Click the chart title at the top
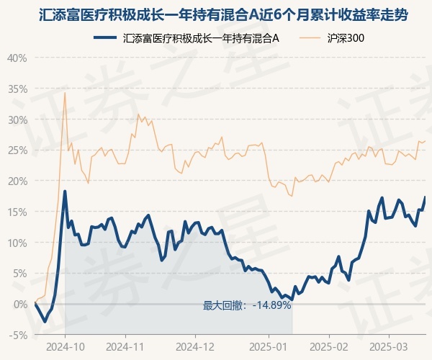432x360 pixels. [223, 15]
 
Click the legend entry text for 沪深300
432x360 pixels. [346, 38]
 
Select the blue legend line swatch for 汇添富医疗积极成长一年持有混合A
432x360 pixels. [105, 37]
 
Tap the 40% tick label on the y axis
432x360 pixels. [17, 58]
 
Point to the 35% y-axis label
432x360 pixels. [17, 89]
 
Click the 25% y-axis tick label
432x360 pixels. [17, 150]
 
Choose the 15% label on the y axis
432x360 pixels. [17, 212]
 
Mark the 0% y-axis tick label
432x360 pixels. [20, 305]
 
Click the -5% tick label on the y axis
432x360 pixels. [18, 336]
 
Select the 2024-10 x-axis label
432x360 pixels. [66, 347]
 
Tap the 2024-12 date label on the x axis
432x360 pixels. [195, 347]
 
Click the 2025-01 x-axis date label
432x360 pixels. [269, 347]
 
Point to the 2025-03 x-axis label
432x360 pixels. [389, 347]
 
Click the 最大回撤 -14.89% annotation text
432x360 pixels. [247, 305]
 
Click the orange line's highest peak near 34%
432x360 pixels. [65, 93]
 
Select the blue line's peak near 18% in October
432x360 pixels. [65, 191]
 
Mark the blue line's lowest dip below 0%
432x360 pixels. [45, 321]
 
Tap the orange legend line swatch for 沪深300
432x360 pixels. [310, 37]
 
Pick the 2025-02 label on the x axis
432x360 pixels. [329, 347]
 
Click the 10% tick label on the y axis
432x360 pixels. [17, 243]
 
